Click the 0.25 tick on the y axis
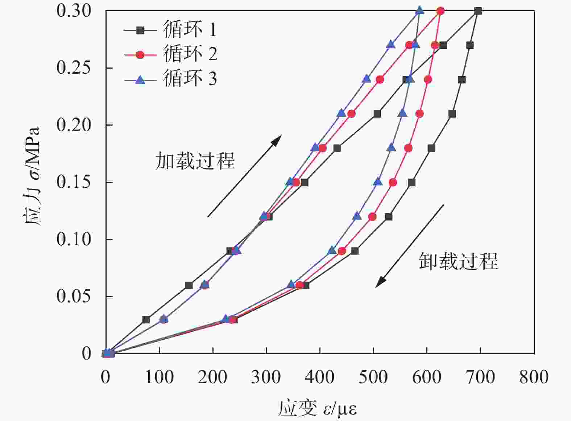click(x=74, y=68)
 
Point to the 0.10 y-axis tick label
click(x=74, y=239)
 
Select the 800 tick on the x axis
click(x=534, y=377)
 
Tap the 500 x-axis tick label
click(x=373, y=377)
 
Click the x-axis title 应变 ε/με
click(x=318, y=409)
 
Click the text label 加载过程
click(x=195, y=161)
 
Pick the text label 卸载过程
click(x=458, y=261)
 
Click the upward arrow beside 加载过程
click(x=245, y=176)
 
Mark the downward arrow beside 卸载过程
click(x=410, y=246)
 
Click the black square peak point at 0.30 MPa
click(x=478, y=11)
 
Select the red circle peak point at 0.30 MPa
click(x=440, y=11)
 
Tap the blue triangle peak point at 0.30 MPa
click(x=420, y=10)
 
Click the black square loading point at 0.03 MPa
click(x=146, y=319)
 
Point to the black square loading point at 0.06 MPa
click(x=189, y=285)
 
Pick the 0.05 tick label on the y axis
click(x=74, y=297)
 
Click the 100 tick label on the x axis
click(x=159, y=377)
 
